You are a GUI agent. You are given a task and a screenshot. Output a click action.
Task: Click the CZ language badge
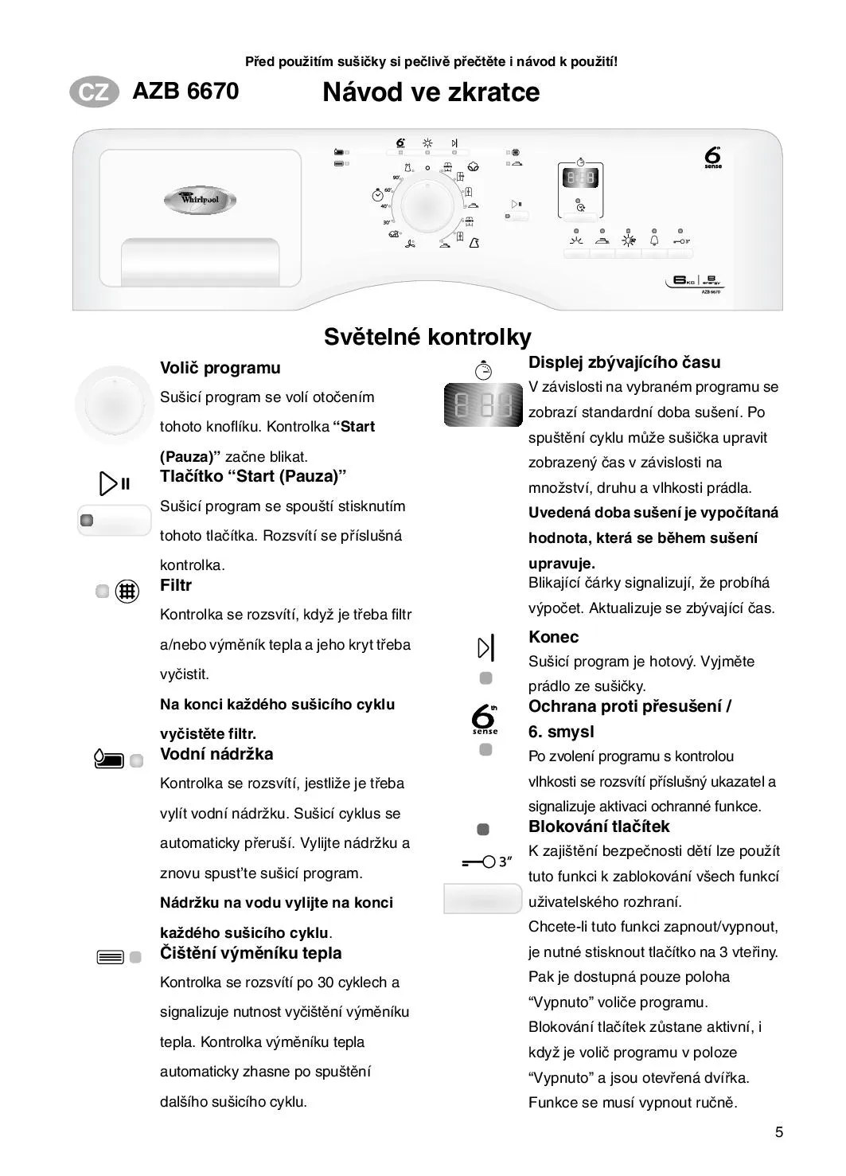click(x=94, y=92)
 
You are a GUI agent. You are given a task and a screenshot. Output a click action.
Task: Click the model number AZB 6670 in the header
click(x=185, y=92)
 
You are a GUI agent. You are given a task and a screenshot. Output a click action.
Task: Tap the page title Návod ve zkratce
click(x=431, y=92)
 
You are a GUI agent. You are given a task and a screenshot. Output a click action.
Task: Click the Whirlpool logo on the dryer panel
click(x=200, y=199)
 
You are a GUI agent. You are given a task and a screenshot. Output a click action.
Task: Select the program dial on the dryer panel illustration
click(x=428, y=205)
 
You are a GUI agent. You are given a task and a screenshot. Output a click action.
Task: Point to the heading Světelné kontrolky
click(x=427, y=337)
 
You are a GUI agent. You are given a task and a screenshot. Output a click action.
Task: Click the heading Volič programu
click(x=220, y=368)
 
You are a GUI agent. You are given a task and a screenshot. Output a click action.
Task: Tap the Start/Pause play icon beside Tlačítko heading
click(x=114, y=483)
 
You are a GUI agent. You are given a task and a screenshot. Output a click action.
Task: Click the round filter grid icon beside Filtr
click(x=127, y=592)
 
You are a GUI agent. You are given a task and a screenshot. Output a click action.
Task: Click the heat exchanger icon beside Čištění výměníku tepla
click(x=110, y=957)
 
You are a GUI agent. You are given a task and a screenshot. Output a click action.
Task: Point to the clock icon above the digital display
click(x=483, y=369)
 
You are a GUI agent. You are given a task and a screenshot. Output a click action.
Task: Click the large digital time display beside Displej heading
click(x=482, y=404)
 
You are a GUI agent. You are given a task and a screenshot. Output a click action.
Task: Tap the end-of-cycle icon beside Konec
click(x=485, y=648)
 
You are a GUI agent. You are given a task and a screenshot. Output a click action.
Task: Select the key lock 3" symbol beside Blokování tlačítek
click(x=486, y=861)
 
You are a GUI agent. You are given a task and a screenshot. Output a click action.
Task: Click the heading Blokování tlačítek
click(x=598, y=826)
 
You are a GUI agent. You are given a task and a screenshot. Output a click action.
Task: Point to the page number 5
click(x=779, y=1132)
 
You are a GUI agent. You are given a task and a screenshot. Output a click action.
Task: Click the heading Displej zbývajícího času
click(x=624, y=362)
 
